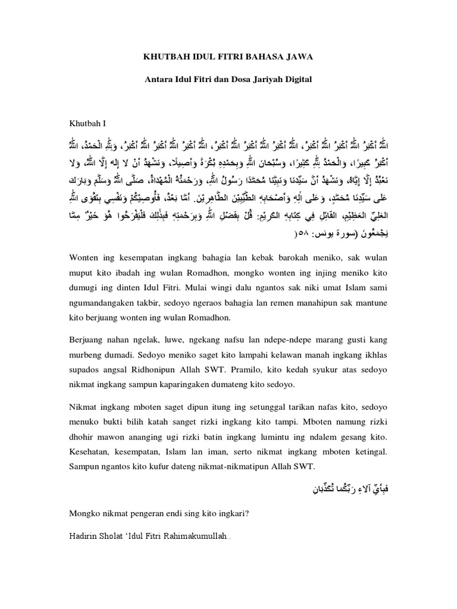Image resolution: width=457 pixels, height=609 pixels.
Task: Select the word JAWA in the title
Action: point(296,56)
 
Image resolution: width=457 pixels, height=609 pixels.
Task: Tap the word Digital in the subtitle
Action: point(296,78)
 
